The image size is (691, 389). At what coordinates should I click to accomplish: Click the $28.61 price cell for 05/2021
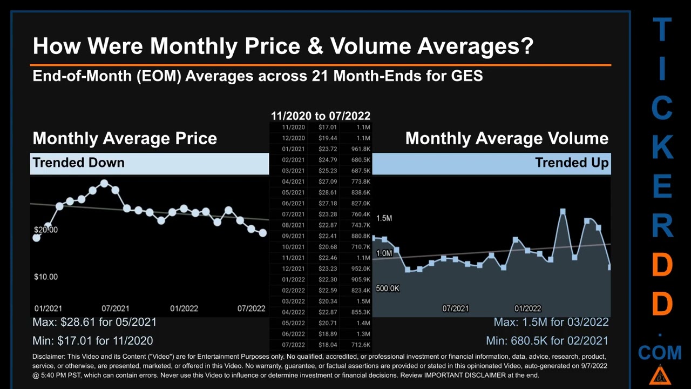327,192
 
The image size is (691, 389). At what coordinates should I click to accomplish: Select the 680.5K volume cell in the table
360,160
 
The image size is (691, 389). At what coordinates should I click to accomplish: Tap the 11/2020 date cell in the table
293,128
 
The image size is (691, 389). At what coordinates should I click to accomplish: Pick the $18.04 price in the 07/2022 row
327,345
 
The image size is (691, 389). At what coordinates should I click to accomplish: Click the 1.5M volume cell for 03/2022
363,301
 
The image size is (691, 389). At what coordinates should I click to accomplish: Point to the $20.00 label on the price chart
46,230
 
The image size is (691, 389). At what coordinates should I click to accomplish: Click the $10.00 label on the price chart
46,277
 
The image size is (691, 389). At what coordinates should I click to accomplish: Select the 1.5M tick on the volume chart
384,218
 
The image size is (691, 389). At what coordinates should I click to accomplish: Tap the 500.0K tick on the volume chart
387,289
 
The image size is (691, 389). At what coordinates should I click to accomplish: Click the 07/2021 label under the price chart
115,308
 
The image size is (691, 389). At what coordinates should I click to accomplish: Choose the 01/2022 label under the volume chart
527,308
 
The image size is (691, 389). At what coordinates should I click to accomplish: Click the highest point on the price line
104,184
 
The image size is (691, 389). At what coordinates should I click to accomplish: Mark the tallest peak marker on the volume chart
563,212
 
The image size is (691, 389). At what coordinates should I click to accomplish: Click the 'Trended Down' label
78,163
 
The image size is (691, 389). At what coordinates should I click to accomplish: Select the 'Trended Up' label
572,163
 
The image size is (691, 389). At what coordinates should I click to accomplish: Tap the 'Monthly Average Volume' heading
506,138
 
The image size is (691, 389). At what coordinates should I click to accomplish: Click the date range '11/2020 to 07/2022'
320,116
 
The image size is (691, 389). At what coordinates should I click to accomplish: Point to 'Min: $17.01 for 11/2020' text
92,341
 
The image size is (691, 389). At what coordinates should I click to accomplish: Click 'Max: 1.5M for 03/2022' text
551,322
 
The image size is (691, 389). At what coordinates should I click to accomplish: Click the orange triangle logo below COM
660,374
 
